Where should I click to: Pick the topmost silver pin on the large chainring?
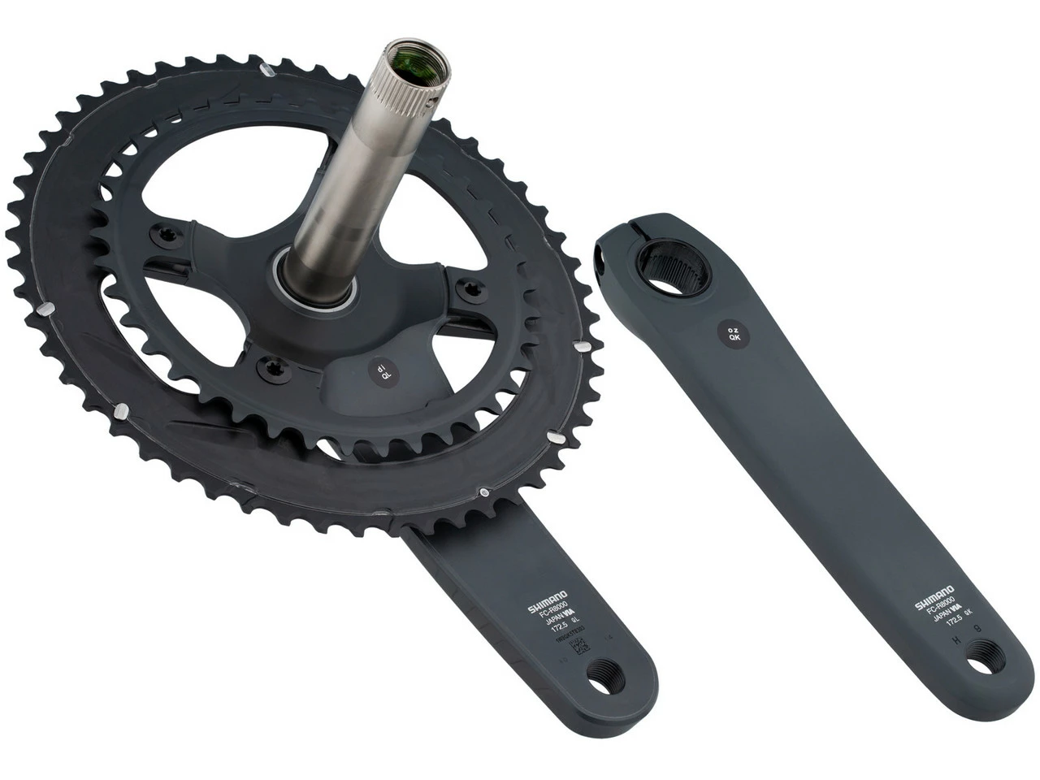[267, 71]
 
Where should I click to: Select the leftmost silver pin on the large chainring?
[47, 309]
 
